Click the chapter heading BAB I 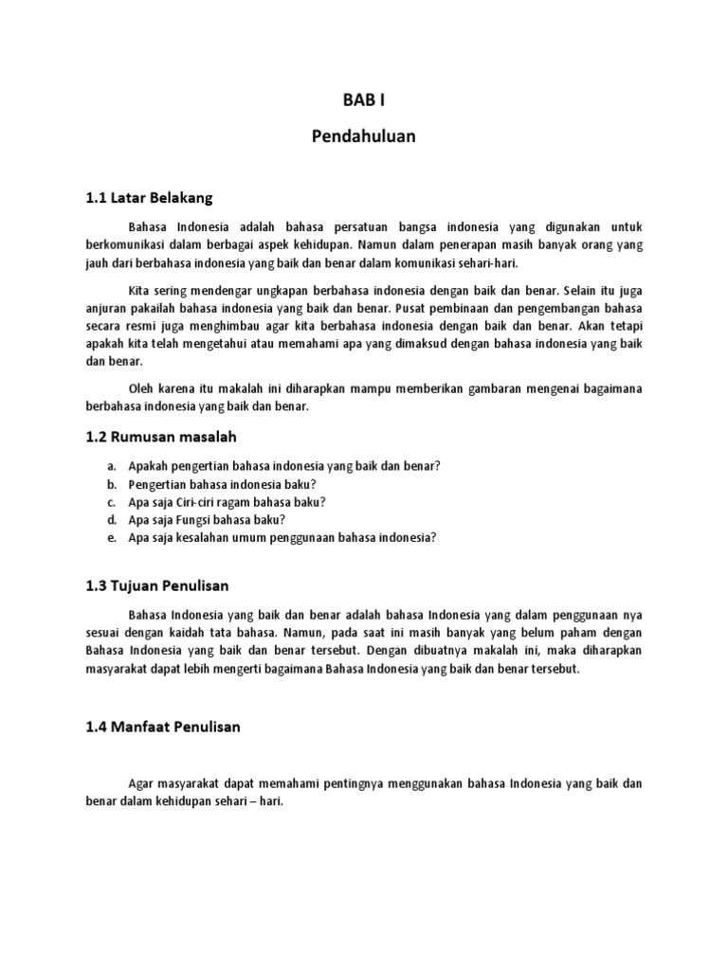coord(363,100)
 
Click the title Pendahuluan coord(363,136)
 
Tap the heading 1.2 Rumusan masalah coord(160,437)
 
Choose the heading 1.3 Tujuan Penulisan coord(156,585)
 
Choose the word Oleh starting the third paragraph coord(141,388)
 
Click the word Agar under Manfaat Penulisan coord(141,783)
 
